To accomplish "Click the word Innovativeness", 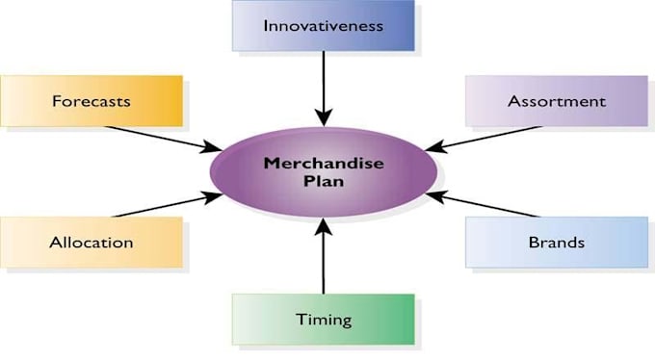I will click(x=323, y=25).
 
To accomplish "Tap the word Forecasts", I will click(x=92, y=100).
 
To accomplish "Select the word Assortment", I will click(x=557, y=100).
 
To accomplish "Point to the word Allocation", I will click(x=91, y=242).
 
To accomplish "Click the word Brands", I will click(x=556, y=242).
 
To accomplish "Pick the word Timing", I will click(x=323, y=319).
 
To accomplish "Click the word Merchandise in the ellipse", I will click(x=324, y=163).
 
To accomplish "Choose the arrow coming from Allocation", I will click(x=164, y=205).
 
